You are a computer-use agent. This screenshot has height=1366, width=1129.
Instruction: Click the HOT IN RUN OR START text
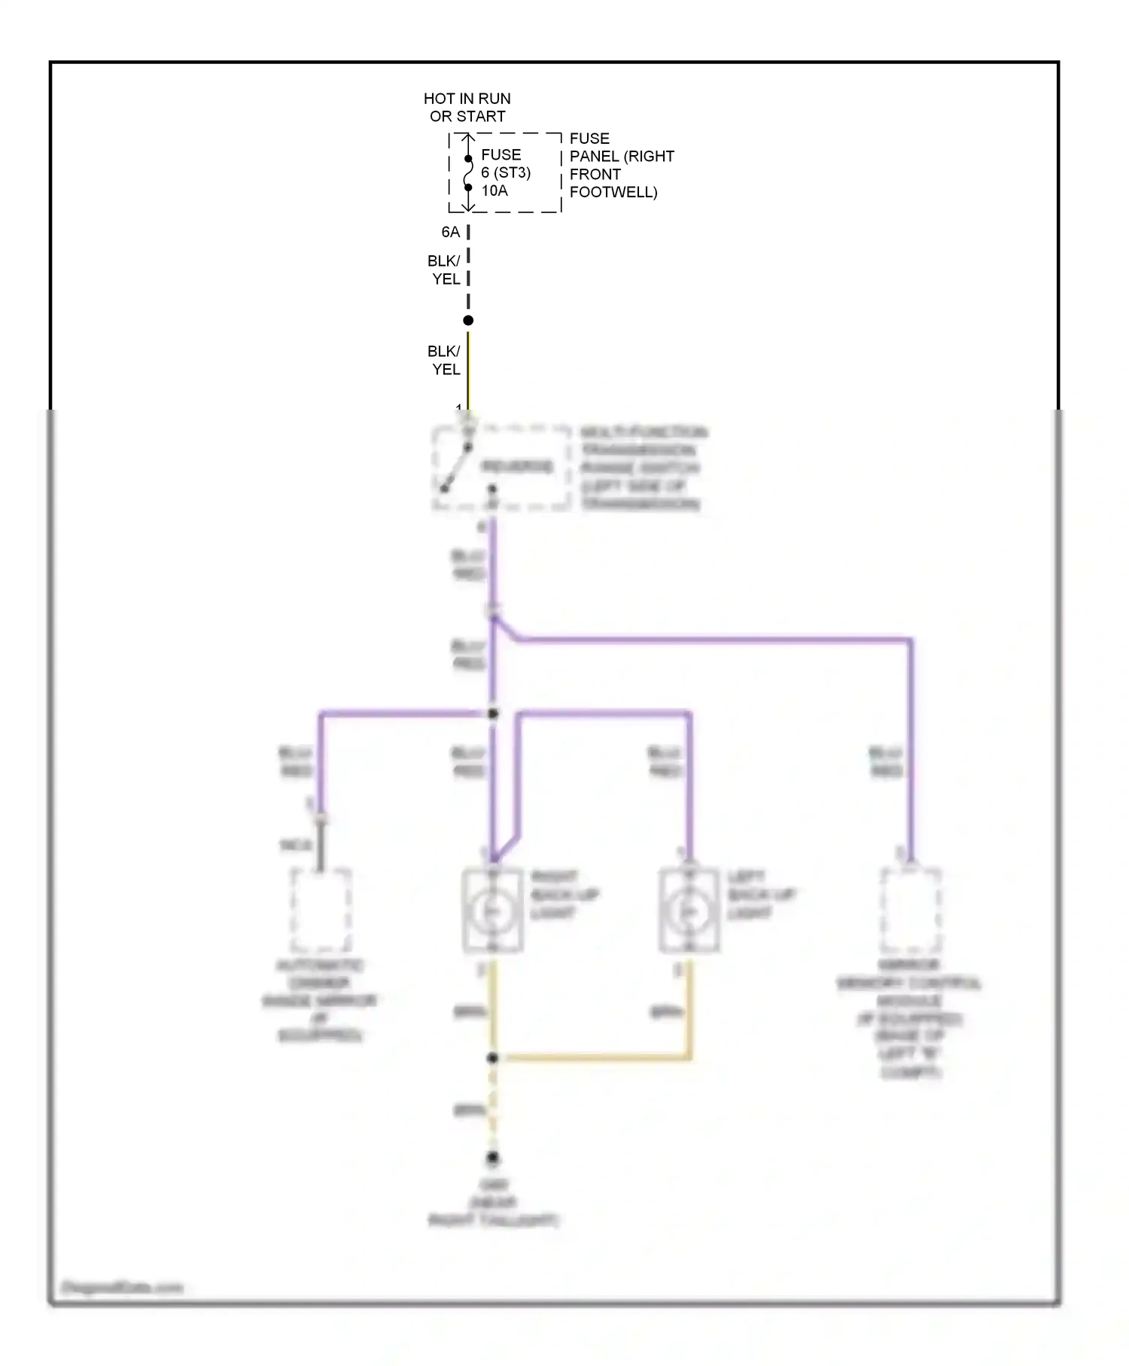(467, 108)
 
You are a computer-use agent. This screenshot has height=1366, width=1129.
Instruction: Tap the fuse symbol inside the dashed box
(468, 173)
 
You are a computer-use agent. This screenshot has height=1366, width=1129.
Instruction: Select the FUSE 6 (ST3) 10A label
(505, 172)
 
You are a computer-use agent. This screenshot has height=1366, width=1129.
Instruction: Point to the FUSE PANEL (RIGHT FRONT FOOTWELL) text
(621, 165)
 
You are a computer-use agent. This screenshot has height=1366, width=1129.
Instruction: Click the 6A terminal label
(450, 232)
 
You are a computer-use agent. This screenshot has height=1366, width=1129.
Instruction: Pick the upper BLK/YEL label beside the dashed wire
(445, 270)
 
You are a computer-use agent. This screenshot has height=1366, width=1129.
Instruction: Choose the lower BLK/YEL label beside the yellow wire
(445, 360)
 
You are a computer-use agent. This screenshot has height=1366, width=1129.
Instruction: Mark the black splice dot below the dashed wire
(468, 321)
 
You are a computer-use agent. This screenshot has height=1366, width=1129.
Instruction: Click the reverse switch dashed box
(501, 467)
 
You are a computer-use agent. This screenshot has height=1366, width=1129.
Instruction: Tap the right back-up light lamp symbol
(492, 911)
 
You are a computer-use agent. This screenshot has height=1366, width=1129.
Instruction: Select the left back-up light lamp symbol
(689, 911)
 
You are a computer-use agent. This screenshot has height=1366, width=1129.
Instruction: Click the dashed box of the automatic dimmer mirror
(321, 910)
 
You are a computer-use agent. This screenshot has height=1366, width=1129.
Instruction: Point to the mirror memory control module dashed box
(911, 910)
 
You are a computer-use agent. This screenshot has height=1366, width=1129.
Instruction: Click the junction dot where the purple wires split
(493, 713)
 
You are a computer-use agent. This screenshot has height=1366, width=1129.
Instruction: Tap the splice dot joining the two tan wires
(492, 1058)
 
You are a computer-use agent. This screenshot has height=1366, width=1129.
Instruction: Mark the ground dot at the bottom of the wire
(492, 1157)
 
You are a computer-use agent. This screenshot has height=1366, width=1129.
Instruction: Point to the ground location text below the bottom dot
(493, 1203)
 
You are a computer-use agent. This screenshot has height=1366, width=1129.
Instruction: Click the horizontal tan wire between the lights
(595, 1058)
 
